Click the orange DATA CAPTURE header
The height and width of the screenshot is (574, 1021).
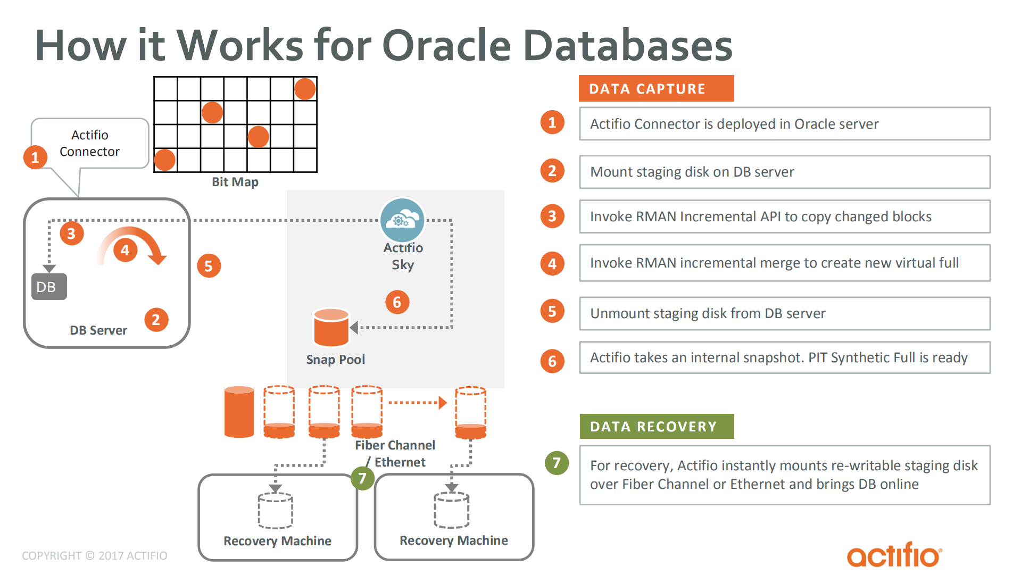(655, 88)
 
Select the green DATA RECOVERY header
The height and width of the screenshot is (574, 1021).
(656, 427)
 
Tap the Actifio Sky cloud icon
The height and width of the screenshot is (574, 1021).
(402, 220)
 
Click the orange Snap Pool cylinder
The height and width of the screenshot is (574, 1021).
(331, 328)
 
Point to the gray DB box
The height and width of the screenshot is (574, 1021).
(49, 287)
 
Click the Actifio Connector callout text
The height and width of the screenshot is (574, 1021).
(89, 143)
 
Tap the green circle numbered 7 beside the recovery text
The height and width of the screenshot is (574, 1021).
(557, 463)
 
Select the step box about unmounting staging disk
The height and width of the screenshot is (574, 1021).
(784, 313)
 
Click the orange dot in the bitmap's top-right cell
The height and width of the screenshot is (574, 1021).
(305, 89)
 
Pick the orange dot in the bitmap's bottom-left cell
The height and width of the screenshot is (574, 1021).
(164, 160)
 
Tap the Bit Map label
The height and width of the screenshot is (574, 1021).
(235, 182)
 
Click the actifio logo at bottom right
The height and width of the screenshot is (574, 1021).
(894, 555)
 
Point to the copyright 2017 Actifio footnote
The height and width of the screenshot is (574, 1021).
(94, 555)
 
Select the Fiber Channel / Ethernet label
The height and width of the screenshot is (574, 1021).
(395, 453)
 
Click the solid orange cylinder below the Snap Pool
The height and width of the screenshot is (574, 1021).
(239, 412)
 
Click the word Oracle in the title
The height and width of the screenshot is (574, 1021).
(446, 45)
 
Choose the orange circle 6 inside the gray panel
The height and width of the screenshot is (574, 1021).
(397, 302)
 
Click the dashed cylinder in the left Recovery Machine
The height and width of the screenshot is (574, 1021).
(275, 511)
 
